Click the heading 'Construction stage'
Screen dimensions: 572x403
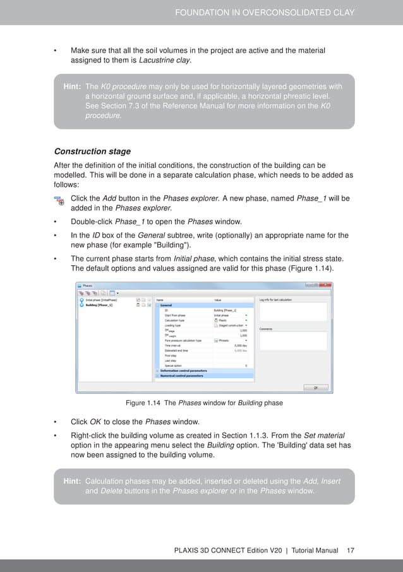(x=92, y=152)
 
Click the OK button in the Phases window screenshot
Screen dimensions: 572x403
(x=315, y=387)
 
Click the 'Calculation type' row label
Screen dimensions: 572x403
(x=174, y=320)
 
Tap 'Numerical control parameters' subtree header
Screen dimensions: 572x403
(x=183, y=376)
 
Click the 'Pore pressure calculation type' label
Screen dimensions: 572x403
(x=183, y=340)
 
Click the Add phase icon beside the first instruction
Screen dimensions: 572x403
(x=59, y=201)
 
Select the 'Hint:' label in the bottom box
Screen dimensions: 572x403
(x=71, y=481)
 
